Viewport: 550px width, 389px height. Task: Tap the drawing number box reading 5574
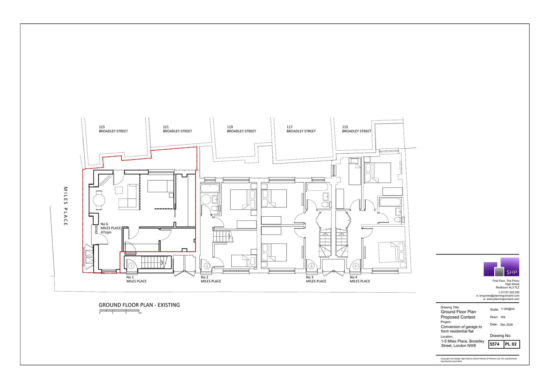coord(496,344)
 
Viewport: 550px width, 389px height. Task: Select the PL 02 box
coord(512,344)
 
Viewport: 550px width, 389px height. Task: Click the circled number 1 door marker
coord(131,266)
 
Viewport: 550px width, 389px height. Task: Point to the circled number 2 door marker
coord(207,266)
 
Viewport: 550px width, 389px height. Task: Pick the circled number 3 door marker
coord(311,266)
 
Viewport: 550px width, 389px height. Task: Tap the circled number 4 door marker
coord(355,266)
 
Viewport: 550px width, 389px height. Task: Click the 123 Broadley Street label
coord(113,129)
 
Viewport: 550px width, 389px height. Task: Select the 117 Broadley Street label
coord(301,129)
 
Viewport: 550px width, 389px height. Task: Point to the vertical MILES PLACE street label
coord(66,206)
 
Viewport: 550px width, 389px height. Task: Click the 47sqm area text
coord(106,232)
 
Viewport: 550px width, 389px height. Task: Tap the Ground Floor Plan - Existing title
coord(139,305)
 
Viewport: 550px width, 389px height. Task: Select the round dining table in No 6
coord(99,200)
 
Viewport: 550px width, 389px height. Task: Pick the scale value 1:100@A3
coord(508,309)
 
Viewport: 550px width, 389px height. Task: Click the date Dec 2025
coord(507,325)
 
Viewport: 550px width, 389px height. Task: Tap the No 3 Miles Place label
coord(316,279)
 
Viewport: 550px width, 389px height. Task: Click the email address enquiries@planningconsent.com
coord(499,296)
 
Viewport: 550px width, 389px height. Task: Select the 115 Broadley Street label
coord(356,129)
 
